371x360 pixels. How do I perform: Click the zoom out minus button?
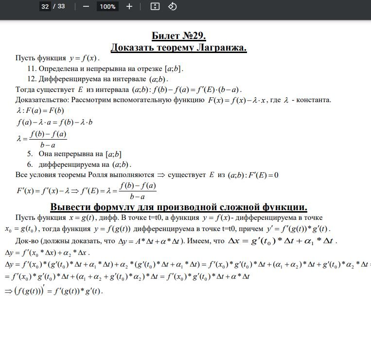[86, 6]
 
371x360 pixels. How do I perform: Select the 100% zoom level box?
[107, 6]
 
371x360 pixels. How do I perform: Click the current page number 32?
[45, 6]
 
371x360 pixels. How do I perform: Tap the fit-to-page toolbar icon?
[155, 6]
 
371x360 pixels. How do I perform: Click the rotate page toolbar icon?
[172, 6]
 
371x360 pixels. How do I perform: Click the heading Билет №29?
[179, 36]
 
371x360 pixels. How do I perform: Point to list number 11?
[32, 69]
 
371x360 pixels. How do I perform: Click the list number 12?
[32, 79]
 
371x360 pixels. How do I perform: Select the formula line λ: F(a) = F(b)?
[40, 110]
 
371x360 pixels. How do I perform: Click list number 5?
[30, 154]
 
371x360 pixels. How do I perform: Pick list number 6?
[30, 164]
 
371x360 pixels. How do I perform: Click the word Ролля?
[143, 175]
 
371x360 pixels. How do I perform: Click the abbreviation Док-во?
[27, 240]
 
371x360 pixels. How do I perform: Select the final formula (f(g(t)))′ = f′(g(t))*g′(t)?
[54, 291]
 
